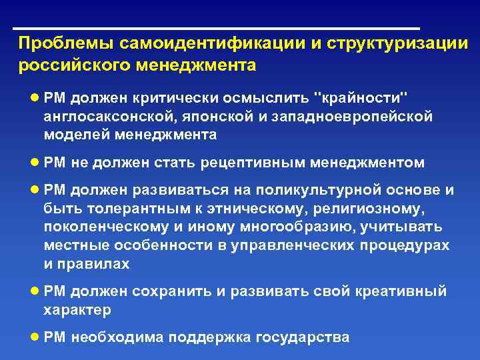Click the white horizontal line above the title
pos(217,29)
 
